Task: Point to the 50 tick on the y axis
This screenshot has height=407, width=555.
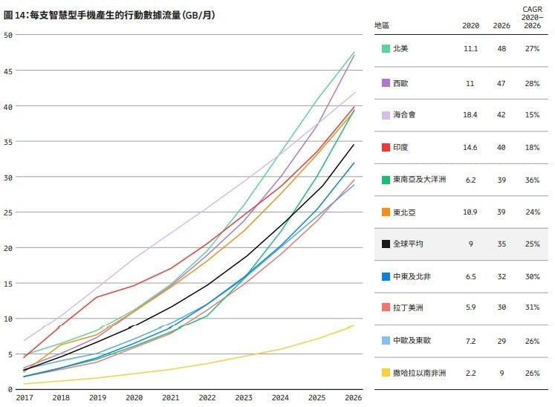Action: point(8,35)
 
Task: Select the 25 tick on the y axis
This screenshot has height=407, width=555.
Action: point(8,212)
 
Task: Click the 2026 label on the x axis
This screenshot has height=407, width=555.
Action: point(354,397)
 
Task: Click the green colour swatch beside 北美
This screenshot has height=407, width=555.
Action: point(386,48)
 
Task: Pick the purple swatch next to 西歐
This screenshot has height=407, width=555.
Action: point(386,82)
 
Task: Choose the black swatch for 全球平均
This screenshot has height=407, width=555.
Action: point(386,244)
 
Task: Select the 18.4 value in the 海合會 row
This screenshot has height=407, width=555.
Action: point(470,115)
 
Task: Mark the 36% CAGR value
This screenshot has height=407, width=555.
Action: point(531,179)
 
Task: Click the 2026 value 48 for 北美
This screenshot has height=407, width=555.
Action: point(502,48)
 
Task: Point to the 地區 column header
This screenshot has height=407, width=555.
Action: point(383,25)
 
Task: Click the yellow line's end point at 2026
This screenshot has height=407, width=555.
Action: point(354,325)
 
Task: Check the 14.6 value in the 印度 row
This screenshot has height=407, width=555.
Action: point(470,148)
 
